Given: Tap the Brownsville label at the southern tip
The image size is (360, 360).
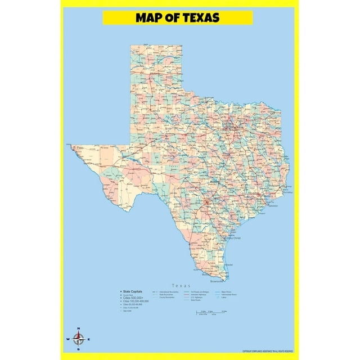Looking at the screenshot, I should point(217,281).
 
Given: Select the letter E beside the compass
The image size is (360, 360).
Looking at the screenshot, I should point(89,339).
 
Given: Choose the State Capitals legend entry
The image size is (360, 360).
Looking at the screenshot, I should point(132,291).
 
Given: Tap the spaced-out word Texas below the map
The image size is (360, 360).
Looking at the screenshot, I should point(182,285).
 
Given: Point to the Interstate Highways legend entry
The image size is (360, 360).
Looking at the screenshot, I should point(200,294).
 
